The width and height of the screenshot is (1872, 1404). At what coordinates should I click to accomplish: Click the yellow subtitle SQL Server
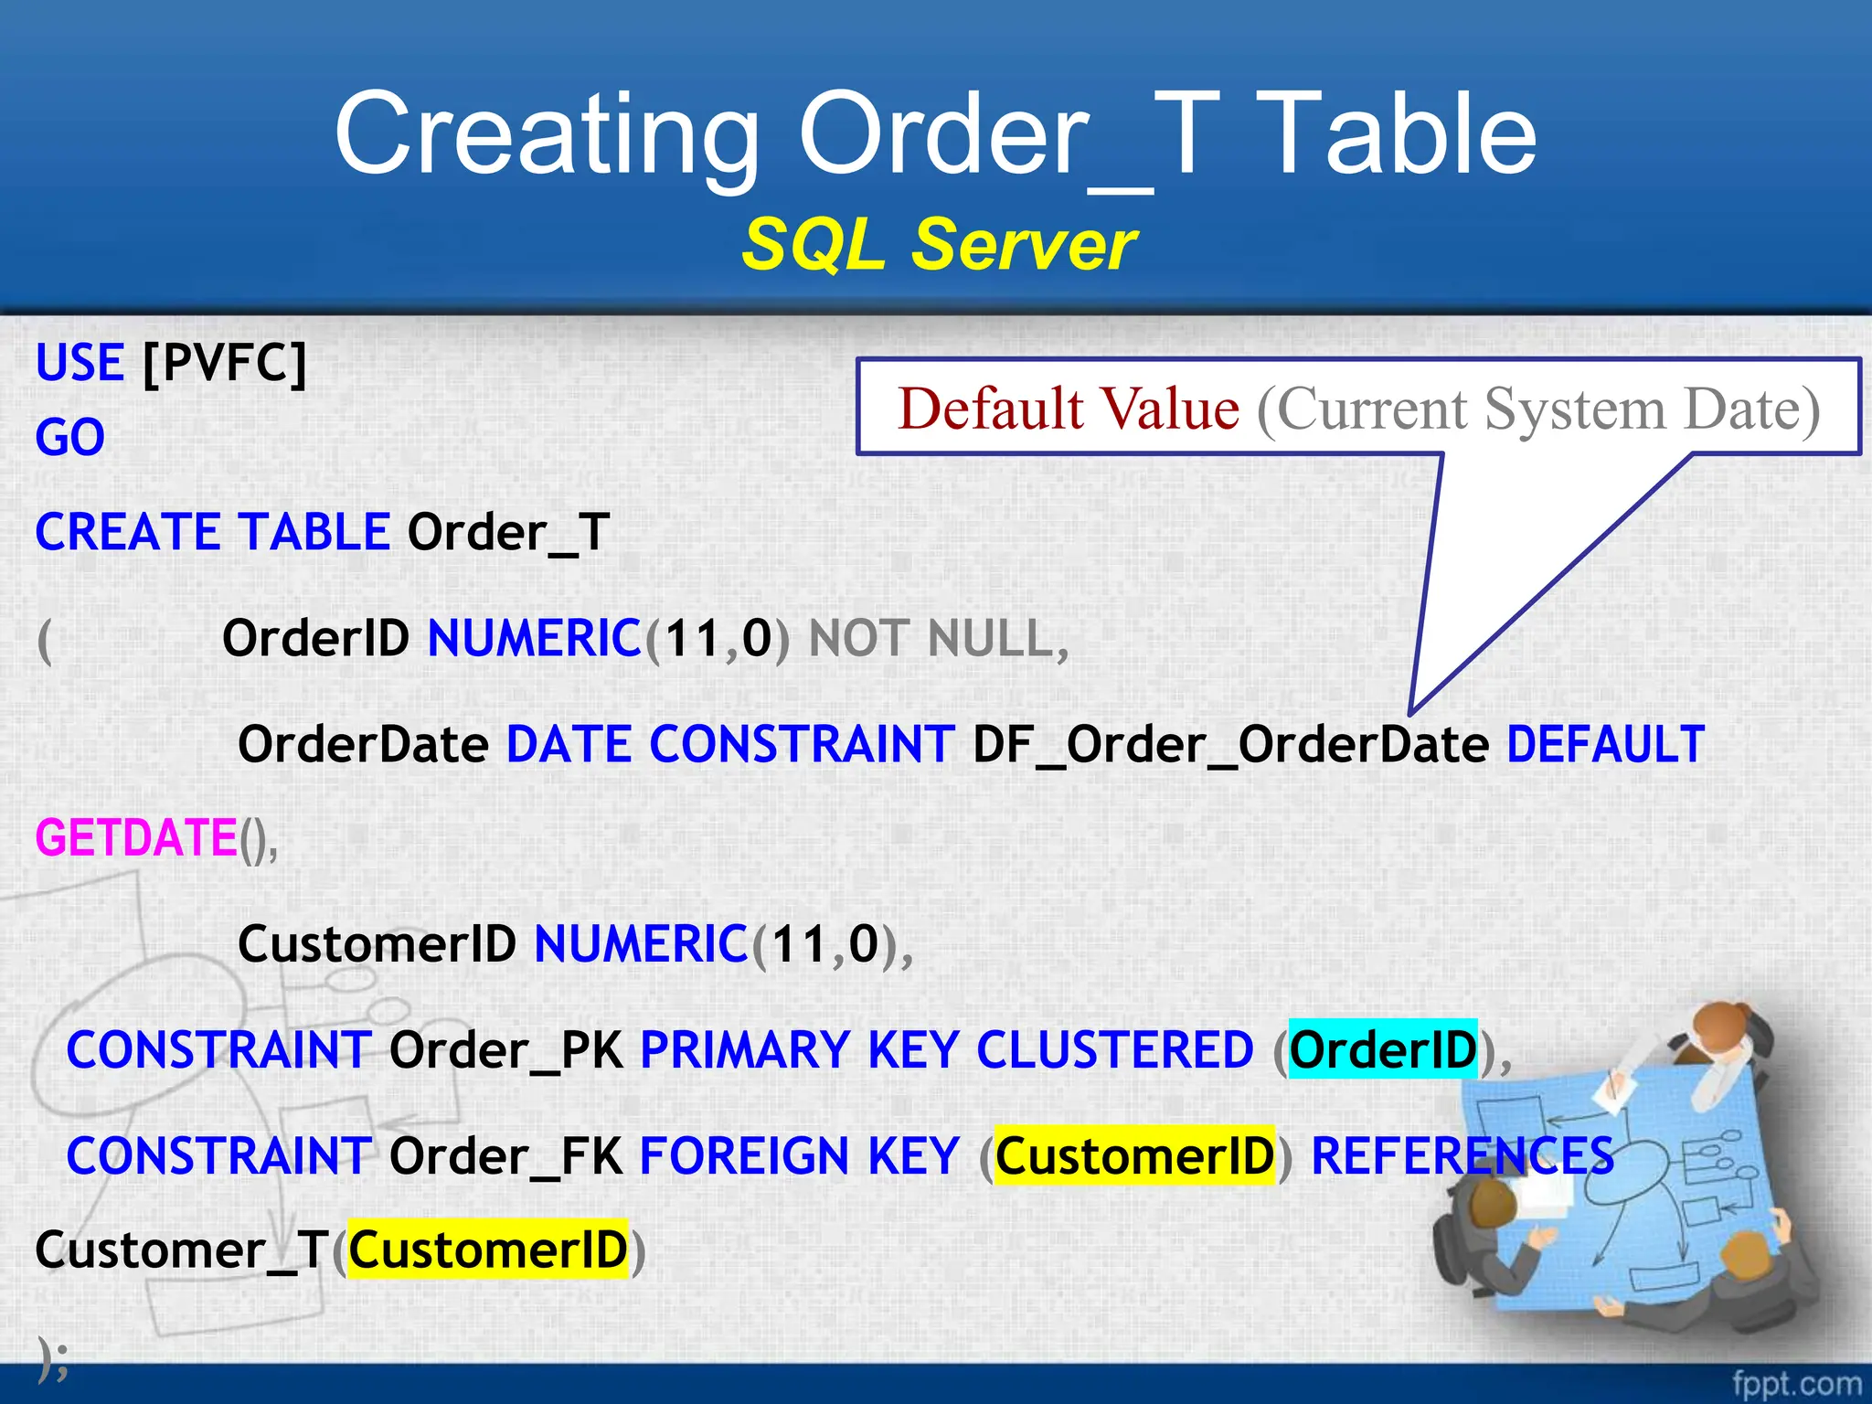pos(939,245)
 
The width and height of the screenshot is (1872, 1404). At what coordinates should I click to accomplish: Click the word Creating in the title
pos(547,134)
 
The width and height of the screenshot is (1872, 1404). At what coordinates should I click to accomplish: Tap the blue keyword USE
pos(80,363)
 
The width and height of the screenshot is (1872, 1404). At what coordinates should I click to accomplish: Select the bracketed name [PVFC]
pos(225,363)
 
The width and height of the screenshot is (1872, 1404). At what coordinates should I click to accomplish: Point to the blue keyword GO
pos(70,438)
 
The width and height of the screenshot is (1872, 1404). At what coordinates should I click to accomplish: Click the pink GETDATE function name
pos(136,837)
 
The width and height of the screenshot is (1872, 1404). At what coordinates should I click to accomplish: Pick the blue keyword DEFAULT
pos(1605,744)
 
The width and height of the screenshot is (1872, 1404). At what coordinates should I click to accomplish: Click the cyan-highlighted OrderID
pos(1382,1049)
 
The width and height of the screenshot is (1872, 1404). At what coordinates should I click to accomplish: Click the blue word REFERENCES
pos(1462,1155)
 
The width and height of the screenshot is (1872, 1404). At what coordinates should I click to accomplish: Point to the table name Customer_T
pos(181,1250)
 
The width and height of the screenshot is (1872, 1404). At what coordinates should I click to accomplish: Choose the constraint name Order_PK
pos(506,1049)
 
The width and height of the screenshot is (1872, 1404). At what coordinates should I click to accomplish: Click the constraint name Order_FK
pos(506,1155)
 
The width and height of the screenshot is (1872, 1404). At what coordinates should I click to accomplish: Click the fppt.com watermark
pos(1796,1384)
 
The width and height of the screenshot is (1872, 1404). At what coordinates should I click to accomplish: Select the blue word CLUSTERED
pos(1115,1049)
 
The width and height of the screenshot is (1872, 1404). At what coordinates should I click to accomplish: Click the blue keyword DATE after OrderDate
pos(569,744)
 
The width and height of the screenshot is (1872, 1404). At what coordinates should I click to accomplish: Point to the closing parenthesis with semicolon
pos(53,1356)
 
